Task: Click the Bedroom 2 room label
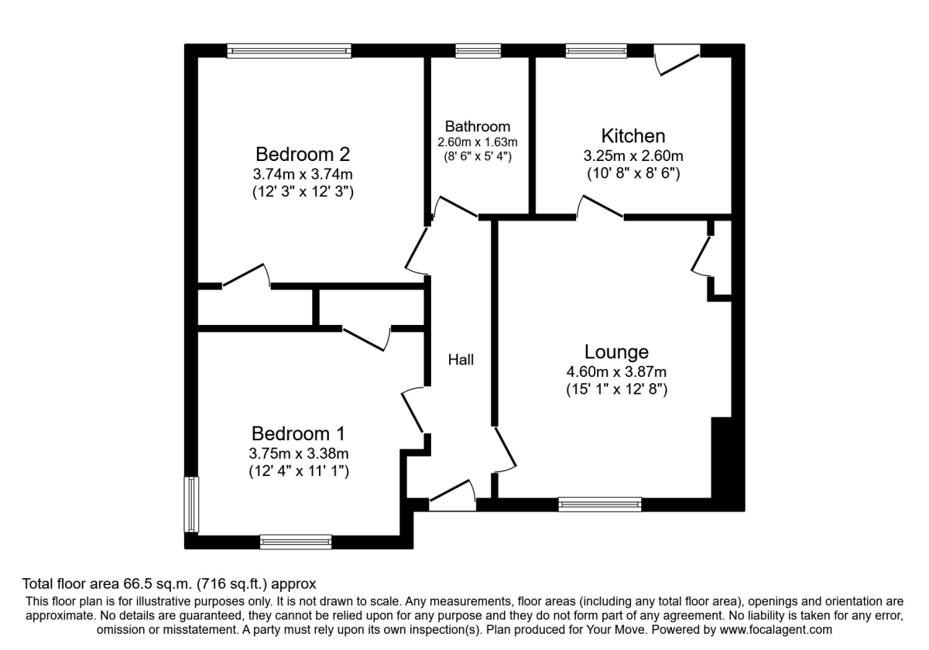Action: point(303,152)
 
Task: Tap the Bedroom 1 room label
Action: point(298,433)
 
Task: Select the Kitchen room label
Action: point(633,136)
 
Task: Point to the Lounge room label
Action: point(616,352)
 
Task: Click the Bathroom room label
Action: point(478,126)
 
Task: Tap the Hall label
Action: point(461,359)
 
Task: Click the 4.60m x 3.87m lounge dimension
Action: point(616,372)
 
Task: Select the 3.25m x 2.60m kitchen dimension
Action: point(633,156)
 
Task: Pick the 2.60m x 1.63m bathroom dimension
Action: point(478,142)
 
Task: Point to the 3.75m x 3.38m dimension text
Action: point(298,453)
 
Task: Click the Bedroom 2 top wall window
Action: point(290,51)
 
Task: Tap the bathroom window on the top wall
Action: point(478,51)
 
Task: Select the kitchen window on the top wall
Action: point(596,51)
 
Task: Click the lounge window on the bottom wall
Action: point(600,505)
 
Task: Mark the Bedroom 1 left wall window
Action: point(191,505)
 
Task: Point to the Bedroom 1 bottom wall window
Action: point(296,542)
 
